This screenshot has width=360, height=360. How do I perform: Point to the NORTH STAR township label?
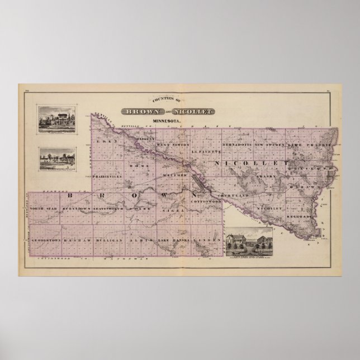pos(43,208)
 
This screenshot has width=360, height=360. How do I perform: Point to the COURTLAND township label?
pos(229,196)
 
